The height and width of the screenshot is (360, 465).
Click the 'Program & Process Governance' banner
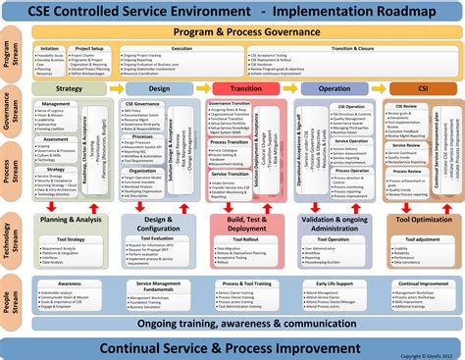[x=246, y=31]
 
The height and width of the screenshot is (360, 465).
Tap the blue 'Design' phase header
[x=159, y=87]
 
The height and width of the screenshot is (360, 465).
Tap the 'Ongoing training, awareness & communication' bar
[x=246, y=323]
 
